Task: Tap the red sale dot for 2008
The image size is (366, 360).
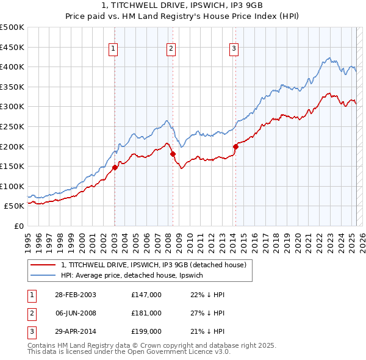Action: (x=173, y=154)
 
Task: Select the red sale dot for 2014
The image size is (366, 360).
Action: (x=235, y=146)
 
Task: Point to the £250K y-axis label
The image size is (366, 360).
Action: (x=13, y=126)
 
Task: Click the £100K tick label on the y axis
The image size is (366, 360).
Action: (x=13, y=186)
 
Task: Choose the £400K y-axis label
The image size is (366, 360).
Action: (x=13, y=67)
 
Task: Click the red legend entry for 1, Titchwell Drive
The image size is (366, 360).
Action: (x=153, y=265)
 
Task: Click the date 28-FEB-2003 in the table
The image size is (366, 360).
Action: (x=75, y=295)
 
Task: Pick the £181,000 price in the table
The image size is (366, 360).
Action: (x=146, y=313)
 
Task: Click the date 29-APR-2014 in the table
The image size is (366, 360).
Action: (x=75, y=331)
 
